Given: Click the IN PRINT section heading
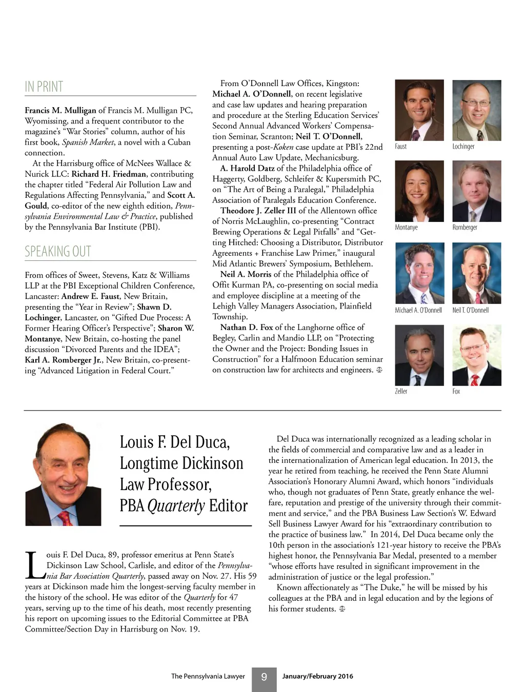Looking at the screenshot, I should pyautogui.click(x=44, y=87).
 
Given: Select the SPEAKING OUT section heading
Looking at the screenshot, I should pyautogui.click(x=58, y=252).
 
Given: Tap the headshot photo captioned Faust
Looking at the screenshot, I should pyautogui.click(x=419, y=110).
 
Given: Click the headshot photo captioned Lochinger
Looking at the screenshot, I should pyautogui.click(x=476, y=110).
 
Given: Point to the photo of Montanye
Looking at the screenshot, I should pyautogui.click(x=419, y=191).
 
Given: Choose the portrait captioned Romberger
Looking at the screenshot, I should pyautogui.click(x=476, y=191).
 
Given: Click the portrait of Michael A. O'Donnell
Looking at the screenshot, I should pyautogui.click(x=419, y=273).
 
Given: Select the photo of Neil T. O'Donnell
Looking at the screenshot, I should pyautogui.click(x=476, y=273).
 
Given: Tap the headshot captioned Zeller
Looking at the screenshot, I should pyautogui.click(x=419, y=356).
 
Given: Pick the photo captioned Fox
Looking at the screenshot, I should pyautogui.click(x=476, y=356).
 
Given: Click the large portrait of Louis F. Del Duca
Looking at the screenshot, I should pyautogui.click(x=63, y=474).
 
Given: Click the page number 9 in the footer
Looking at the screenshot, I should pyautogui.click(x=264, y=677).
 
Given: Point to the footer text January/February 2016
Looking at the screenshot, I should pyautogui.click(x=317, y=676).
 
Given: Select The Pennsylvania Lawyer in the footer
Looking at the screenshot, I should pyautogui.click(x=208, y=676).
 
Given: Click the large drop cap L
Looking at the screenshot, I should pyautogui.click(x=34, y=565).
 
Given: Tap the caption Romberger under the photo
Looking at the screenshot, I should pyautogui.click(x=465, y=228).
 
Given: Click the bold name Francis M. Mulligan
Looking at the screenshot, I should pyautogui.click(x=60, y=110).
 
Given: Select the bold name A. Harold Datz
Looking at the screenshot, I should pyautogui.click(x=247, y=168).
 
